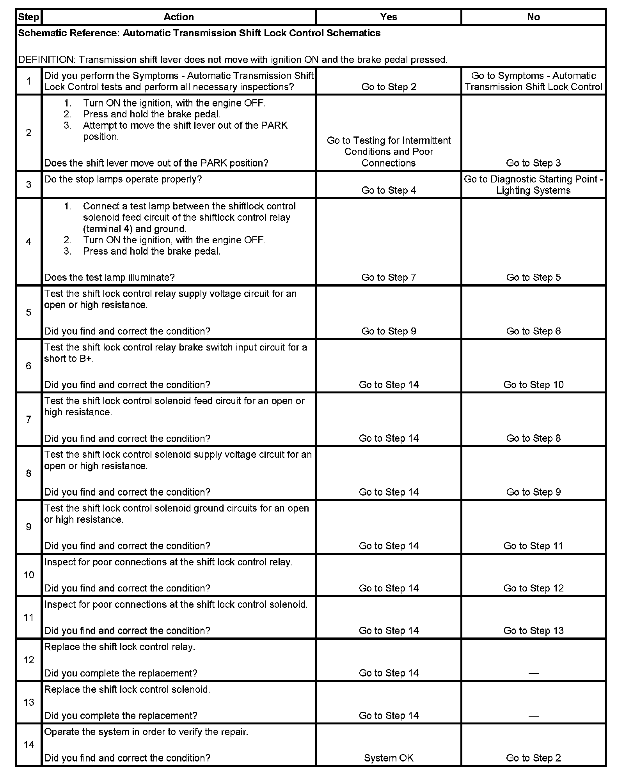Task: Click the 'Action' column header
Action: coord(179,17)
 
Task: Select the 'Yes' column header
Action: coord(389,17)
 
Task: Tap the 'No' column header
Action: coord(533,17)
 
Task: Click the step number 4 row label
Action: coord(28,242)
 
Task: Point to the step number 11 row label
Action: coord(29,617)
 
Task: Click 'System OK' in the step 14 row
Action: coord(389,758)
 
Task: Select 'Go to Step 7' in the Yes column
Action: coord(389,277)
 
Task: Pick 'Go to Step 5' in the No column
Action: coord(533,277)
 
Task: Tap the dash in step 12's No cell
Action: coord(533,673)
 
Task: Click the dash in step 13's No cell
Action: coord(533,716)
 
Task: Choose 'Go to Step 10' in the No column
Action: coord(533,385)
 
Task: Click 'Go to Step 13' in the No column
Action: coord(533,630)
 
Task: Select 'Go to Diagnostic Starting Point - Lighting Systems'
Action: coord(533,185)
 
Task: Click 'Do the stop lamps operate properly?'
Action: coord(123,179)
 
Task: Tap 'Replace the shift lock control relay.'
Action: coord(119,647)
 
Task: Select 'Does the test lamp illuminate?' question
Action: coord(109,277)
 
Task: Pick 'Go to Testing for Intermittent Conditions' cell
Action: coord(389,151)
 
